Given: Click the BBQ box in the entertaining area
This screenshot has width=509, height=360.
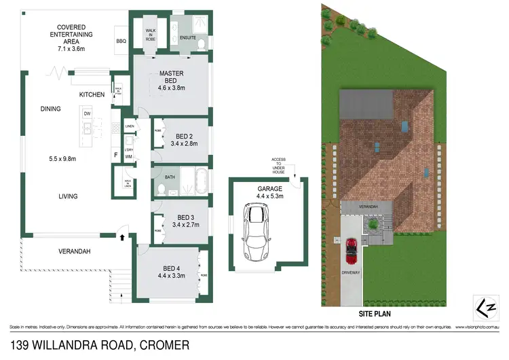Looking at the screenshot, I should click(122, 41).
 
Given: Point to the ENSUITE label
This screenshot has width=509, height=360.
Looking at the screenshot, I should click(188, 37).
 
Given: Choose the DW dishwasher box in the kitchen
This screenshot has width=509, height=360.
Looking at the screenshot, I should click(88, 113).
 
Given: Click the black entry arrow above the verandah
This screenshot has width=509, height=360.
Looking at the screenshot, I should click(122, 238).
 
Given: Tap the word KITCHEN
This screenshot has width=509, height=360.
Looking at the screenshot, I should click(92, 95).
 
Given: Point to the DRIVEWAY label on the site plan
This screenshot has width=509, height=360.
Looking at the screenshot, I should click(351, 279).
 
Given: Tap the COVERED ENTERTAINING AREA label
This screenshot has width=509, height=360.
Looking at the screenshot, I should click(66, 37).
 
